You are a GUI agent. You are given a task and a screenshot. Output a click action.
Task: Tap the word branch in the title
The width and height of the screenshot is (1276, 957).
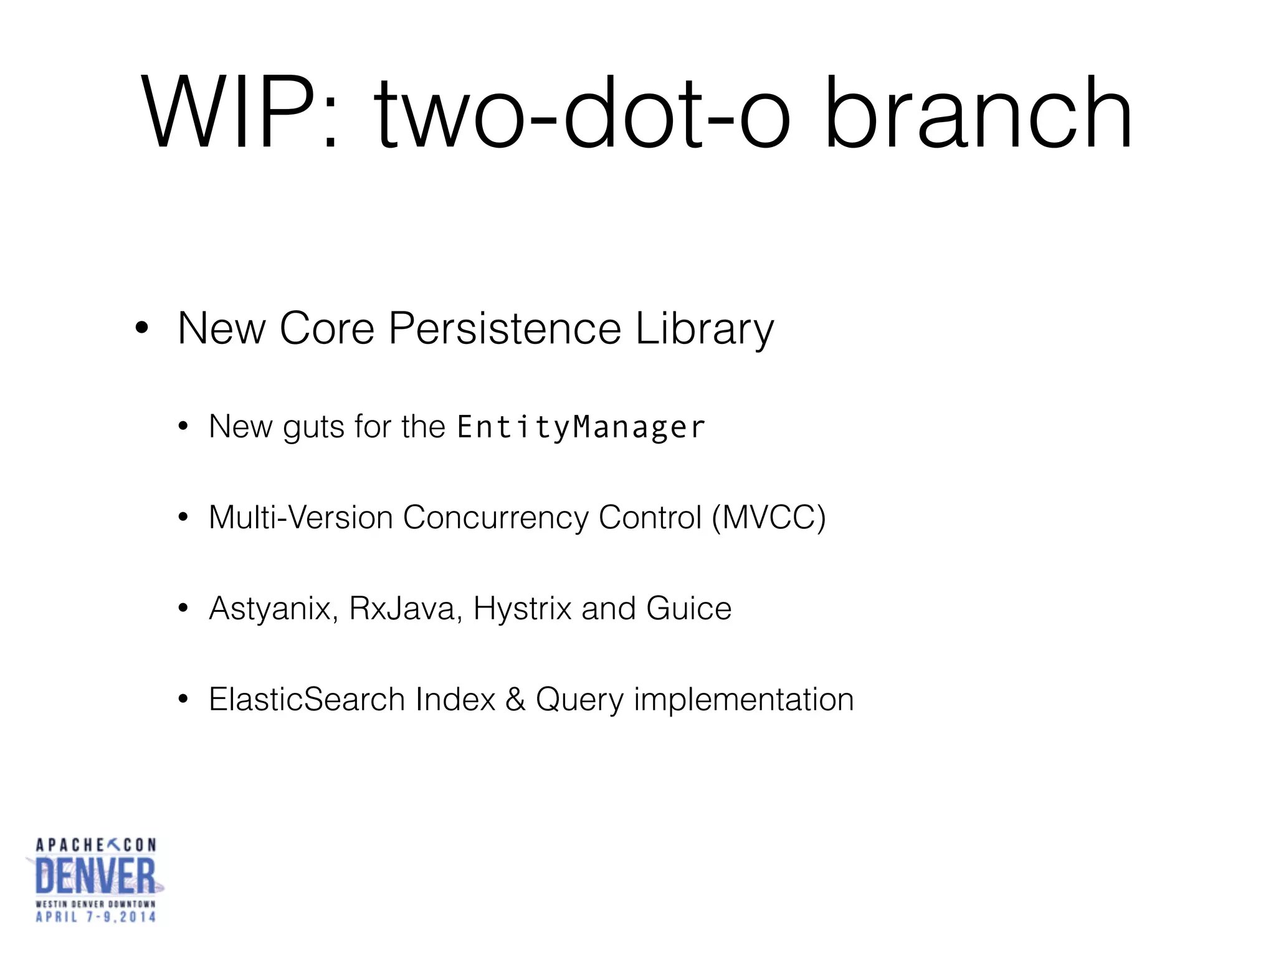(978, 114)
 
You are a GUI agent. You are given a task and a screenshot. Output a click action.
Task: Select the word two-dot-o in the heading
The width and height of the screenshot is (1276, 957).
(583, 114)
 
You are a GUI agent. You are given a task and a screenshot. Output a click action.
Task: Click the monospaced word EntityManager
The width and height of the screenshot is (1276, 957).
(581, 427)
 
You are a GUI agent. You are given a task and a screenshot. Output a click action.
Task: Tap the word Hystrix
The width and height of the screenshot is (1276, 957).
(522, 609)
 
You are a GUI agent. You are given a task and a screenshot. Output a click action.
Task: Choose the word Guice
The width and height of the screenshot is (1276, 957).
(688, 609)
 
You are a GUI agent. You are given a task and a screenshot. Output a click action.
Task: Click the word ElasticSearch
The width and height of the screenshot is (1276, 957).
(307, 699)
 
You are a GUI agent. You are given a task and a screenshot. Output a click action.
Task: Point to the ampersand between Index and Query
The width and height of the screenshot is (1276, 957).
(515, 699)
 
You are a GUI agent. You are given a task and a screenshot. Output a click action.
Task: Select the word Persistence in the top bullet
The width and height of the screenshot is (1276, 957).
(505, 328)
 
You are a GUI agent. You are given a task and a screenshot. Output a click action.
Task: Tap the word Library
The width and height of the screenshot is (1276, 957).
(704, 330)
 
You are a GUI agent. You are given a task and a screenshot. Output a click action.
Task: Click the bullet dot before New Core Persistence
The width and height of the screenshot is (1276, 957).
(141, 328)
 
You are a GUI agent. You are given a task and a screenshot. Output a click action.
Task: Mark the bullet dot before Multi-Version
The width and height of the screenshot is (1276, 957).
(183, 518)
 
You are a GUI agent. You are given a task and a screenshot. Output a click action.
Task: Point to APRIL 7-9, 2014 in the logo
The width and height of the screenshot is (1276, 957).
(95, 917)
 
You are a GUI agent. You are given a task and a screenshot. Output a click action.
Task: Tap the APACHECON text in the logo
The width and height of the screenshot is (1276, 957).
(95, 845)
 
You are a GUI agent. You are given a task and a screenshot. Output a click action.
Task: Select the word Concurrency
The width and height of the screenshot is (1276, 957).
(495, 518)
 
